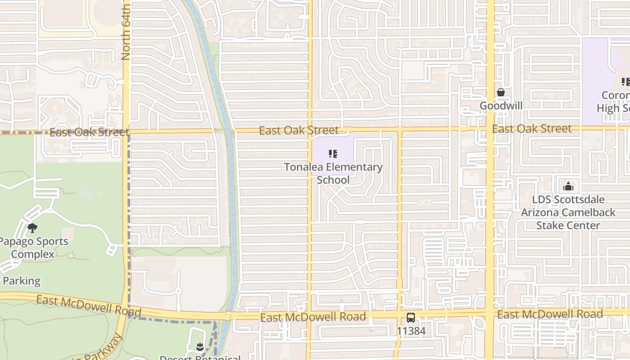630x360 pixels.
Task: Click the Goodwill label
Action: [501, 106]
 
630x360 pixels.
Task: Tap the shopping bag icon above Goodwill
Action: [500, 92]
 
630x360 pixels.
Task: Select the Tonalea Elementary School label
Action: [333, 173]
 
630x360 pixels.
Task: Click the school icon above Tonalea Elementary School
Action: [333, 154]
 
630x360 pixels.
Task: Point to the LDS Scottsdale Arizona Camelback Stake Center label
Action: [568, 212]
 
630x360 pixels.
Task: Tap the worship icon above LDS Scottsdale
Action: [568, 186]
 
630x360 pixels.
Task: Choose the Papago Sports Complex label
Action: [33, 247]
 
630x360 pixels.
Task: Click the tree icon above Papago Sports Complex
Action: [32, 228]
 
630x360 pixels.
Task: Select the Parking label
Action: [21, 281]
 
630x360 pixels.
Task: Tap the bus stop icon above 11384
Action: [411, 318]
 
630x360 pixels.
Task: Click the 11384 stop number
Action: [411, 332]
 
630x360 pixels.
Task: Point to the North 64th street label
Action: [126, 31]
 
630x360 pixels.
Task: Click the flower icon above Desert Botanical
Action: [200, 347]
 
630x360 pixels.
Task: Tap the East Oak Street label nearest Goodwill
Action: [531, 129]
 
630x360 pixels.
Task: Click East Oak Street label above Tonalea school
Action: [299, 130]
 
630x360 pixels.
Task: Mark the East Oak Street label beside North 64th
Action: [89, 132]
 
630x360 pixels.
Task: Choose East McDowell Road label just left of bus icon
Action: [313, 317]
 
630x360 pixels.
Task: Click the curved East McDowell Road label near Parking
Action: [89, 306]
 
